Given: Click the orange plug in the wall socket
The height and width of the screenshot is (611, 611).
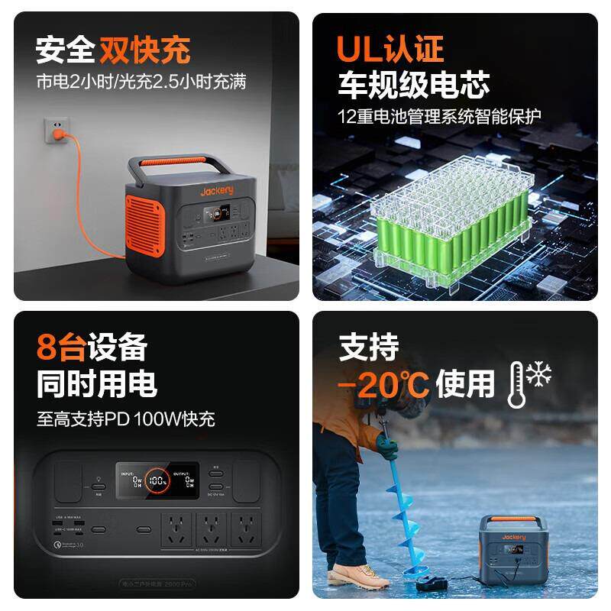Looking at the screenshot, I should pyautogui.click(x=55, y=137).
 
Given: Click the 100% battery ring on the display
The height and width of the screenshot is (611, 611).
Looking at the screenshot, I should pyautogui.click(x=158, y=482).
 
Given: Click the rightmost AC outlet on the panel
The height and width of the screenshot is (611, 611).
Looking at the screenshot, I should pyautogui.click(x=246, y=528).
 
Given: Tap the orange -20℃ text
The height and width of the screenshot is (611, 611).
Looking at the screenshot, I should pyautogui.click(x=383, y=382).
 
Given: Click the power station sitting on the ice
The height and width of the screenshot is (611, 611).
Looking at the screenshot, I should pyautogui.click(x=513, y=547).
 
